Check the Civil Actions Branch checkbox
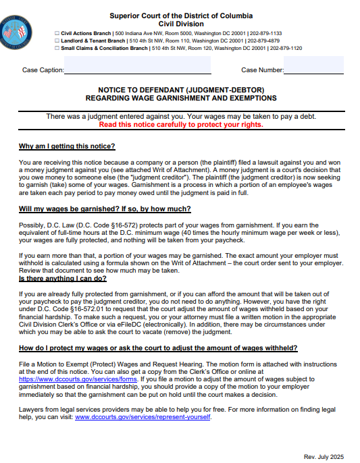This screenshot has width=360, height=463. pos(56,32)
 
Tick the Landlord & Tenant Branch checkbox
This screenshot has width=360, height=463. pos(56,40)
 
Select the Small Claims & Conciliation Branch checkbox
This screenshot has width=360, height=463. pos(56,49)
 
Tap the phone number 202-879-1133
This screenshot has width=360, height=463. pos(266,32)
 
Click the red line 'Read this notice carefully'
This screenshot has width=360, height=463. pos(180,125)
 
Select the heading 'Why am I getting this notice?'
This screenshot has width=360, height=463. pos(67,146)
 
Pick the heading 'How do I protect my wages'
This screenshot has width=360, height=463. pos(158,348)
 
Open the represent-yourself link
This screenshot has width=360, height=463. pos(143,416)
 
